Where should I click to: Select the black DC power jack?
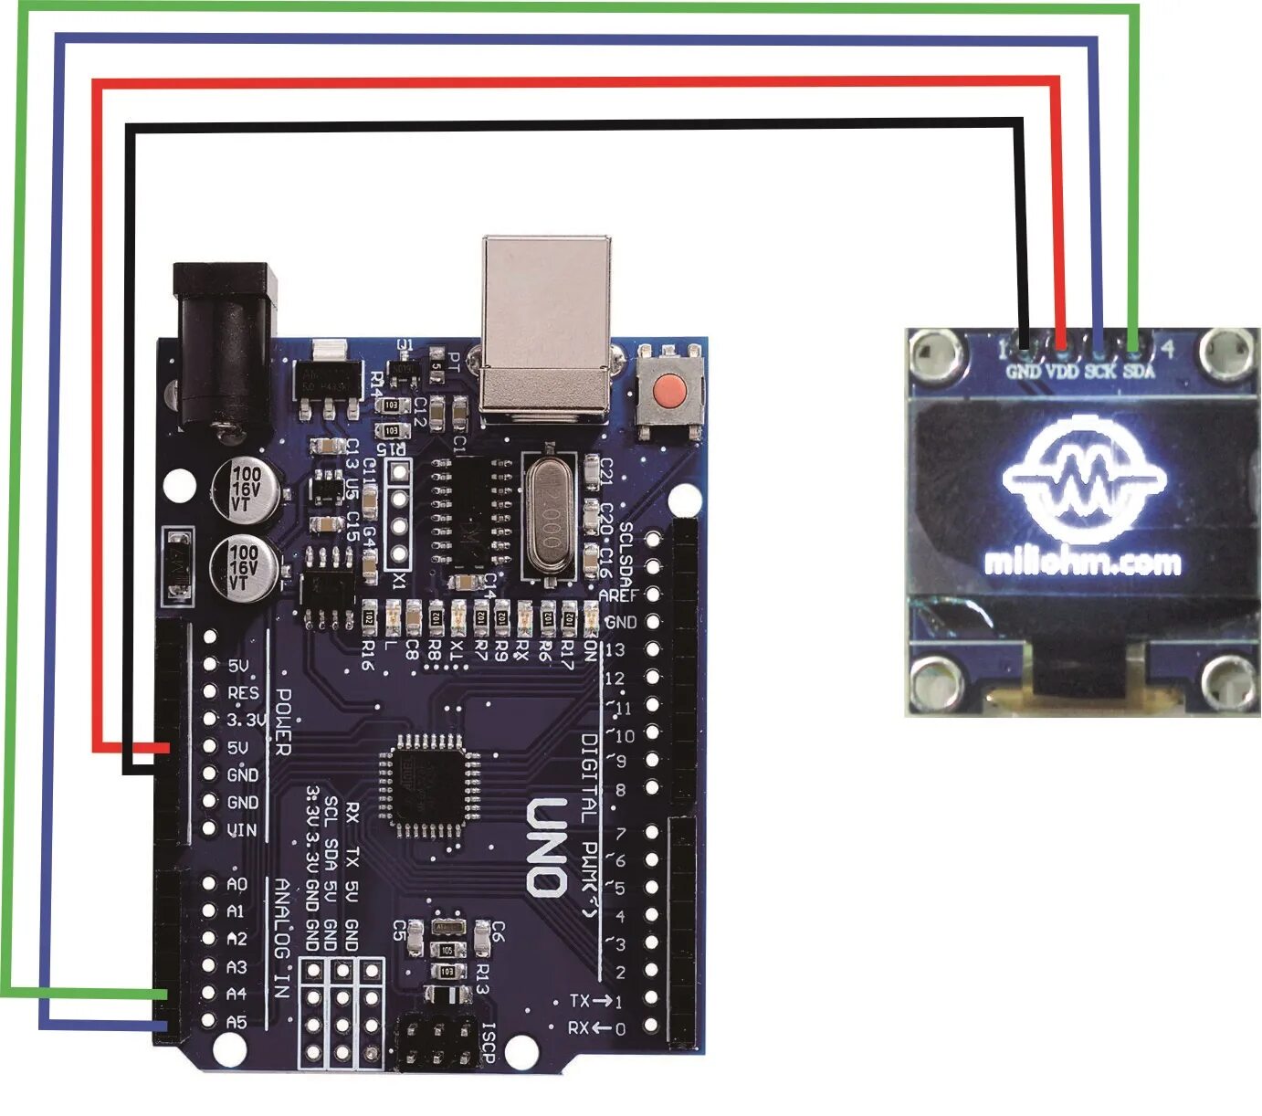(x=225, y=346)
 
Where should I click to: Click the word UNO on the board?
(x=547, y=847)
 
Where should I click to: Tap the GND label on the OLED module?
(x=1023, y=372)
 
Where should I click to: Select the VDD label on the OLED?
(x=1061, y=372)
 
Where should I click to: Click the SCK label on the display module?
(x=1100, y=372)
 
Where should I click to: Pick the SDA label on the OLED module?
(x=1139, y=372)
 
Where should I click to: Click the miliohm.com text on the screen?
(x=1083, y=562)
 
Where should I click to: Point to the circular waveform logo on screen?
(x=1085, y=477)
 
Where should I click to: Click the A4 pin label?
(x=237, y=994)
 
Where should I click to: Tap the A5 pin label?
(x=237, y=1021)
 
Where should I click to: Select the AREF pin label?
(x=618, y=595)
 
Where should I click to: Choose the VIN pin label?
(x=242, y=830)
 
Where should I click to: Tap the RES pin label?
(x=243, y=693)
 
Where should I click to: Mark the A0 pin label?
(x=237, y=883)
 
